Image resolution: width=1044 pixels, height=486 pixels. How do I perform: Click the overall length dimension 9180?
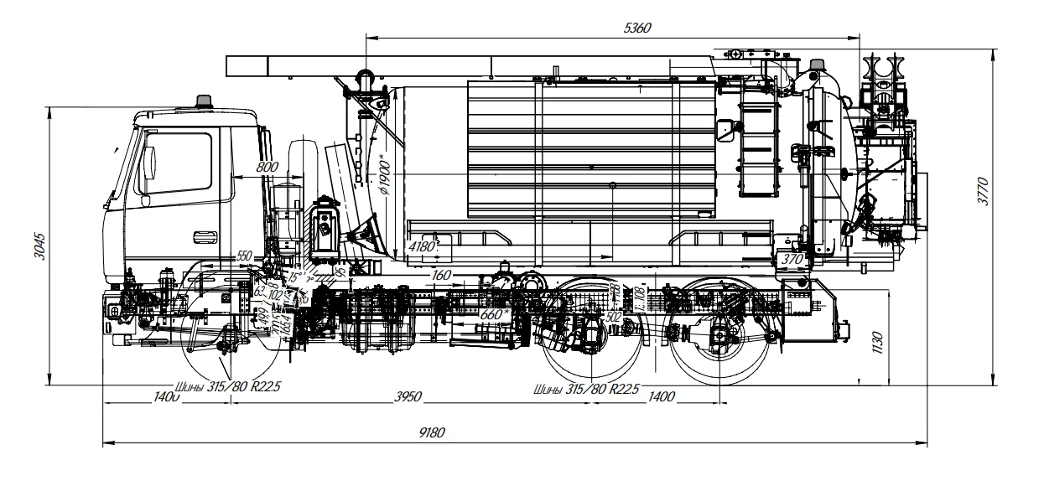(x=433, y=432)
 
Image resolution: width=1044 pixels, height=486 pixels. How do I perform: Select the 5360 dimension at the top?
(x=639, y=28)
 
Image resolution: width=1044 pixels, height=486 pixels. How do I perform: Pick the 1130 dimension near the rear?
(x=877, y=341)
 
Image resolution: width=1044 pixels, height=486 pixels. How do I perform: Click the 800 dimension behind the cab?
(x=267, y=167)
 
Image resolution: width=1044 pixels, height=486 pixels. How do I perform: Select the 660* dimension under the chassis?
(x=495, y=313)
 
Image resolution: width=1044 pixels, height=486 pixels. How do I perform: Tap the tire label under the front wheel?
(x=229, y=388)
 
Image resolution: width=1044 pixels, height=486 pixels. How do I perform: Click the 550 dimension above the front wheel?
(x=244, y=256)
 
